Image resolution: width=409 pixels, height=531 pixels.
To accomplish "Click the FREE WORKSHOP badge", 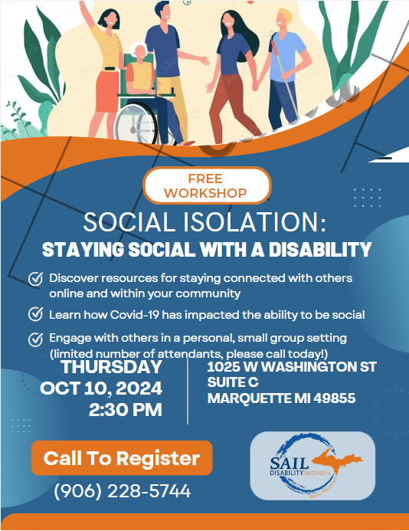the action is pos(207,185).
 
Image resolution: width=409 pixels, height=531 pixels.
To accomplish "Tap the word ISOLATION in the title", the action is pos(254,222).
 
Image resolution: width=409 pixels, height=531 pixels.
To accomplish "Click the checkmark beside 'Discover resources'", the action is pos(35,279).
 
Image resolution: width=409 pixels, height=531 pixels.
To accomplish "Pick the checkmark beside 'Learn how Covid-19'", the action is pos(35,314).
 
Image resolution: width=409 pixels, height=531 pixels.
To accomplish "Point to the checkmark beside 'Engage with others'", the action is pos(35,339).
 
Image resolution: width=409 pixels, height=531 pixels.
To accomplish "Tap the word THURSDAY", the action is pos(112,367).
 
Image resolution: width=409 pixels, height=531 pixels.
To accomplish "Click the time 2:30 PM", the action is pos(126,410).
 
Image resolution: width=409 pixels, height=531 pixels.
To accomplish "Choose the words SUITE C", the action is pos(233,382).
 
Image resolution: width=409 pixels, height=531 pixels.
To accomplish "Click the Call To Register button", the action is pos(122,458).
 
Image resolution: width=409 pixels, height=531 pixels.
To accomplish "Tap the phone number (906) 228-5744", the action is pos(123,491).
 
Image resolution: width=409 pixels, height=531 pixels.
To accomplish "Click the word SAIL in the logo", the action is pos(290,463).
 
